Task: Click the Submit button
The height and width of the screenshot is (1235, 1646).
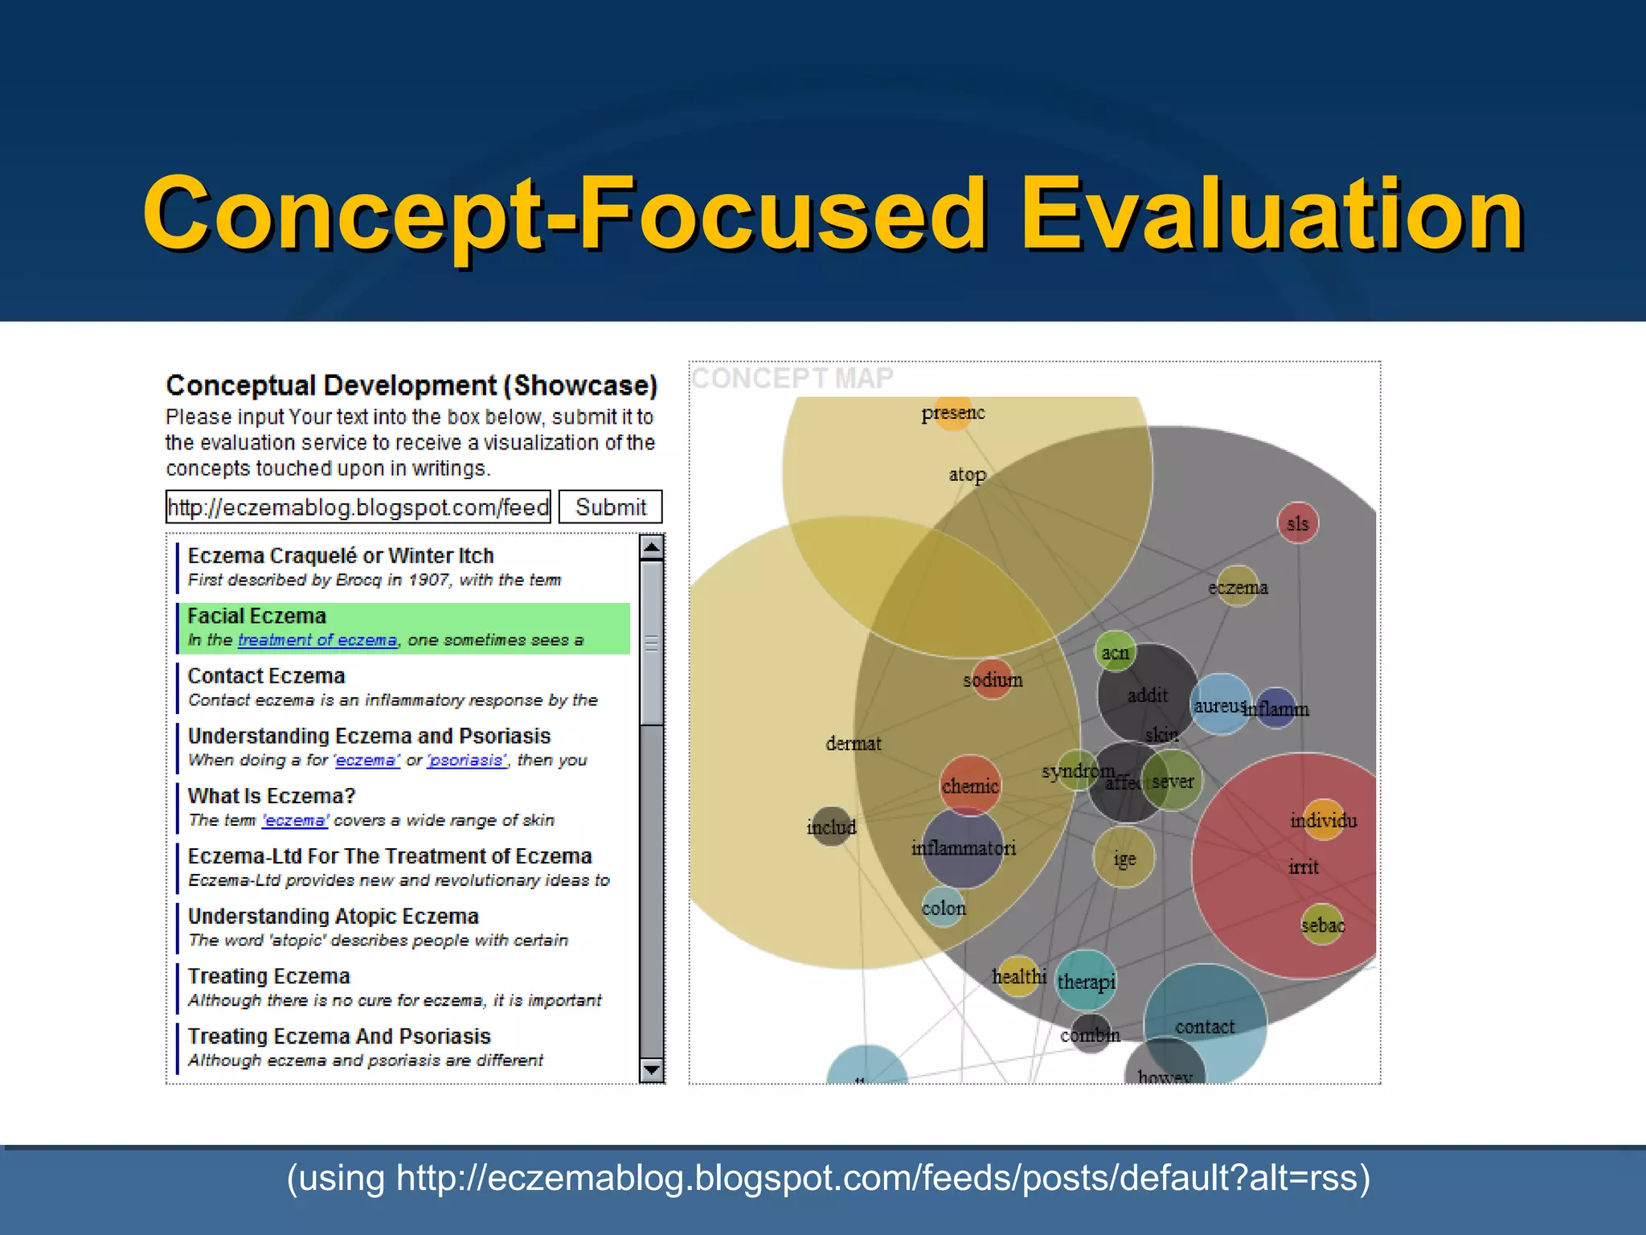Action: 610,507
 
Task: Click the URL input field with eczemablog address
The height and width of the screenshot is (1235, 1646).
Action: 358,507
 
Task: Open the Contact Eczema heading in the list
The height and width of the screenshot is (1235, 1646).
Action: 266,676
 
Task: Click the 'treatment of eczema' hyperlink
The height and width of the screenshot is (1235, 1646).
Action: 317,641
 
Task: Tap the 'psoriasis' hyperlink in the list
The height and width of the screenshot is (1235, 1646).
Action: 466,761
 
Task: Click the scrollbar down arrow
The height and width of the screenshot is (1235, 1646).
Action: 652,1070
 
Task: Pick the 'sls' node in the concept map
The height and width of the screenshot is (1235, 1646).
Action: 1297,523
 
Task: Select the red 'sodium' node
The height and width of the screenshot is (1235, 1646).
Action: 992,679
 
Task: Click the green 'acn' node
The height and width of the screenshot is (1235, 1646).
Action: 1115,652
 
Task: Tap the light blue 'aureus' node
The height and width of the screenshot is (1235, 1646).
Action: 1220,705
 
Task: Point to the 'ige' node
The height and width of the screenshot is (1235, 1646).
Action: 1124,858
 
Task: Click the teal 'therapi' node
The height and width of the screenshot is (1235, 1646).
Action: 1086,981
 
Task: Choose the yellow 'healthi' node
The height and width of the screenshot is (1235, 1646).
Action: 1018,976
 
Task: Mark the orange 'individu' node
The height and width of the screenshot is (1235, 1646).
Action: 1323,820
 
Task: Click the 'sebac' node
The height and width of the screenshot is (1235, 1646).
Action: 1322,925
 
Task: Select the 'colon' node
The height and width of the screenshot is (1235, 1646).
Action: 944,907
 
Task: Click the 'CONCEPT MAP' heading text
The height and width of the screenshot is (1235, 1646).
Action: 792,378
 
